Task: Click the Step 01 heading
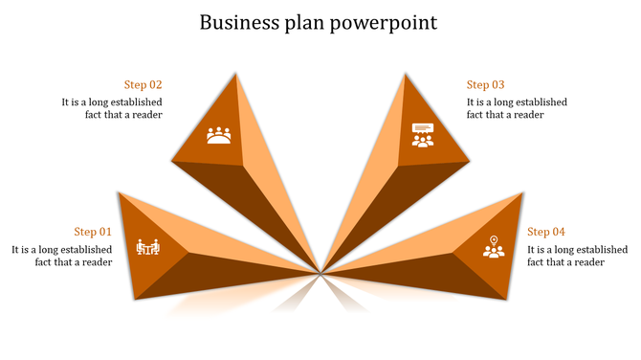coord(93,232)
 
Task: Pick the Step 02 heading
coord(144,84)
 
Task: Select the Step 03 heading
coord(485,84)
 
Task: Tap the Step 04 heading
coord(546,232)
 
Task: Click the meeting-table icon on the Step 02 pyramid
coord(219,135)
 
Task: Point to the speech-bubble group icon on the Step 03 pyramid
coord(422,135)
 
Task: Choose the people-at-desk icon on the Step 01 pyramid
coord(148,248)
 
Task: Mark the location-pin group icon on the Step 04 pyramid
coord(493,247)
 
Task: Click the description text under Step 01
coord(62,256)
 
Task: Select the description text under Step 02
coord(112,108)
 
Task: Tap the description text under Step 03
coord(517,108)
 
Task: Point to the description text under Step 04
coord(578,256)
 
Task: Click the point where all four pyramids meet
coord(321,271)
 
